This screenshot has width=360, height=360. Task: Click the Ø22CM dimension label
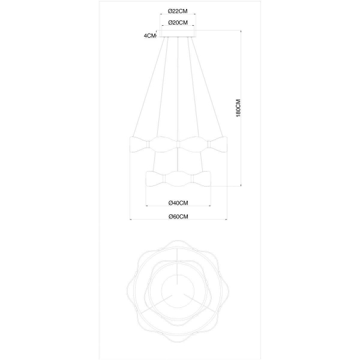click(178, 11)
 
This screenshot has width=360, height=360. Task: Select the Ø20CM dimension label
click(178, 23)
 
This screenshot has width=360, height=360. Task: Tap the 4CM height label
click(149, 35)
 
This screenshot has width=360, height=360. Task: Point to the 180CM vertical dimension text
click(238, 108)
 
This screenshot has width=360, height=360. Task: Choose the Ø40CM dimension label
click(178, 203)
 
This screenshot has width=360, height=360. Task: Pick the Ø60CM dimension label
click(178, 217)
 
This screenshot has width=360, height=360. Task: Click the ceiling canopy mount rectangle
click(178, 34)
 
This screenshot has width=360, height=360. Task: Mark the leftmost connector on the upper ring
click(148, 145)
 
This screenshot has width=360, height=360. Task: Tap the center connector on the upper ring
click(178, 145)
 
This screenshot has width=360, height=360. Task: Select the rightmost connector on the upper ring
click(209, 145)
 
